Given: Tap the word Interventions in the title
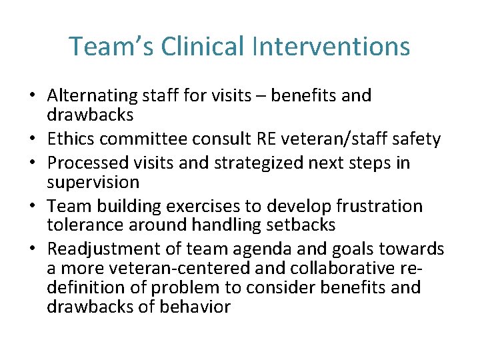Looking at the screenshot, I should [x=331, y=47].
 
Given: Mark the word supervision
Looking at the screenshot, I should [x=93, y=182].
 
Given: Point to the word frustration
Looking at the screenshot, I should [x=380, y=206].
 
